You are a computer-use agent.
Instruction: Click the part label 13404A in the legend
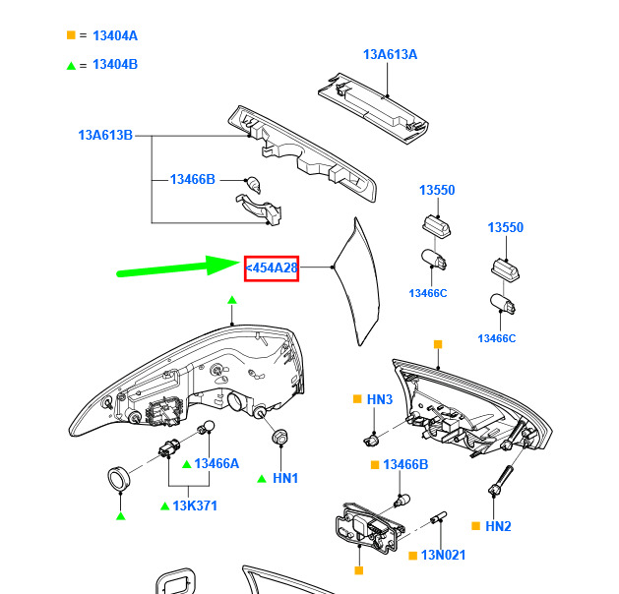(x=115, y=35)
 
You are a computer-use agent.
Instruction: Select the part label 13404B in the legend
(x=115, y=64)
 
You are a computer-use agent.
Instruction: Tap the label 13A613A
(x=390, y=54)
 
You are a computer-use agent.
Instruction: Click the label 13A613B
(x=105, y=135)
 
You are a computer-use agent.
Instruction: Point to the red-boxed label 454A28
(x=272, y=268)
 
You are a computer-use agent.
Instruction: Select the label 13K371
(x=195, y=505)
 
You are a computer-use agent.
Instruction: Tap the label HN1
(x=285, y=478)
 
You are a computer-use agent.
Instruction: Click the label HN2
(x=498, y=526)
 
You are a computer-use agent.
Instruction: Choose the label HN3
(x=380, y=399)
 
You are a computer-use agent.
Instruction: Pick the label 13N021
(x=443, y=555)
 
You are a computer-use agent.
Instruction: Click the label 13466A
(x=217, y=463)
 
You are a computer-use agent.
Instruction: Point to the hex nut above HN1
(x=280, y=437)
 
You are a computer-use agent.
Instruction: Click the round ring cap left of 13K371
(x=119, y=479)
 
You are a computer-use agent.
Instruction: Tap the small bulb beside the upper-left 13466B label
(x=253, y=185)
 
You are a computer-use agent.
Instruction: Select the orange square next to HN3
(x=357, y=399)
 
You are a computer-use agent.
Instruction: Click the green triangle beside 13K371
(x=165, y=505)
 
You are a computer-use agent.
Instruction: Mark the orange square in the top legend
(x=71, y=35)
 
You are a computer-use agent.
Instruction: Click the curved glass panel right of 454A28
(x=357, y=281)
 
